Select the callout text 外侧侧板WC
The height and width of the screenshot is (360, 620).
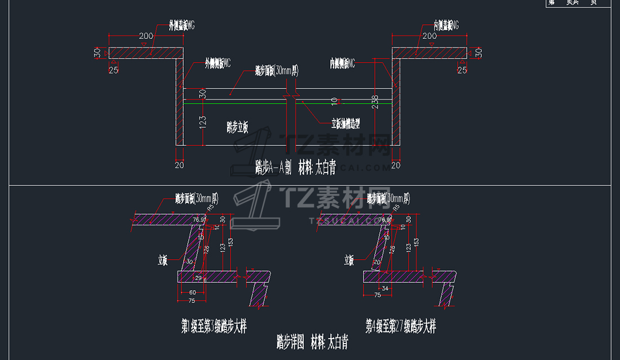(x=218, y=64)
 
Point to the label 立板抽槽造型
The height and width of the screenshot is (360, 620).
(x=346, y=123)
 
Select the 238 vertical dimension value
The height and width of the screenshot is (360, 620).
(x=375, y=101)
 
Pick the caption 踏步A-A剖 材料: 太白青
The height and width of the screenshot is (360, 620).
(x=295, y=167)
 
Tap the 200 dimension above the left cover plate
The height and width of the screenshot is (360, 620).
(x=146, y=36)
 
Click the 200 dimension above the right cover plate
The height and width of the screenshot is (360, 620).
(x=429, y=36)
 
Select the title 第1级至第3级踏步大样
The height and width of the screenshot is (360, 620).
(x=214, y=327)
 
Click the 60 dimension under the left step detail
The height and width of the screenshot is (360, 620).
(x=192, y=292)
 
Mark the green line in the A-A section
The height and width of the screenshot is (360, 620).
(x=237, y=103)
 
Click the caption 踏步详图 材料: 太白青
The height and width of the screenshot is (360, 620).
(x=312, y=342)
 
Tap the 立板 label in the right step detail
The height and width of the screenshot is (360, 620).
(x=349, y=260)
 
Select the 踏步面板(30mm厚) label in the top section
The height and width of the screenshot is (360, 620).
(x=276, y=71)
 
